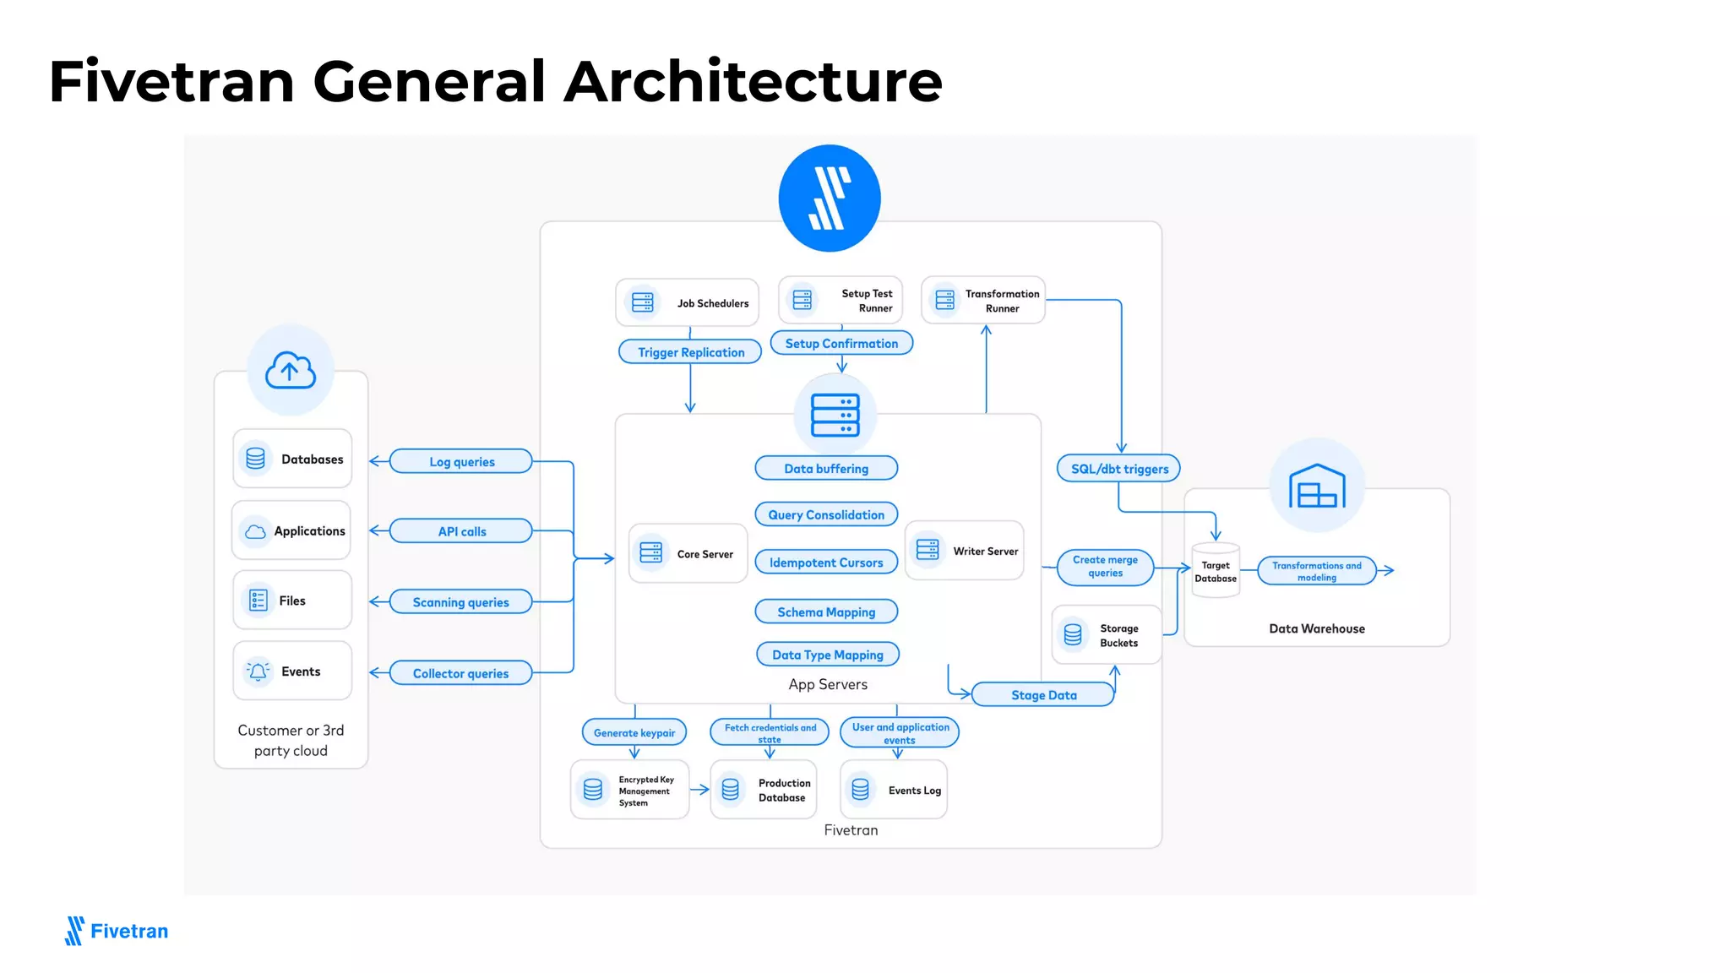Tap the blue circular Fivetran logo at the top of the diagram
coord(829,198)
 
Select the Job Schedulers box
coord(687,302)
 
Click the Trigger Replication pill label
coord(690,352)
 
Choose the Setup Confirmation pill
coord(841,344)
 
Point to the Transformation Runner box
coord(983,301)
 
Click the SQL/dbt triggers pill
coord(1118,469)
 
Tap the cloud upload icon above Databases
coord(291,370)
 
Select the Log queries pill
coord(461,462)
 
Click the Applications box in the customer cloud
coord(291,531)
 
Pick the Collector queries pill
coord(460,673)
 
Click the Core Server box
coord(688,554)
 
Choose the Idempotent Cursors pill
coord(825,563)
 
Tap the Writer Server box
coord(964,551)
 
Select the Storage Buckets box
coord(1106,635)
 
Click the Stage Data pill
coord(1043,695)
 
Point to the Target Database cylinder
coord(1215,572)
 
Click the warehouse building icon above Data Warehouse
coord(1316,486)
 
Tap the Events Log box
coord(894,790)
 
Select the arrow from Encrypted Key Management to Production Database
coord(699,790)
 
